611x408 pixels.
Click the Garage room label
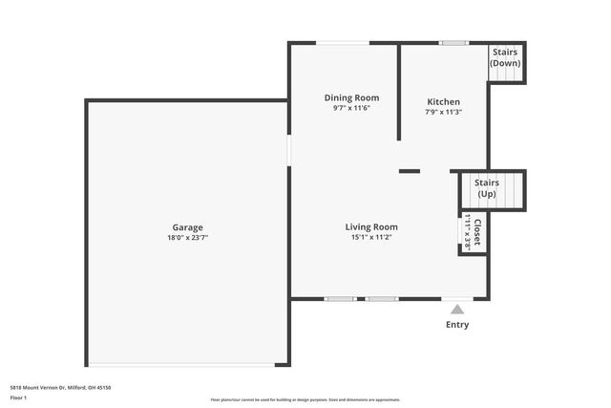(x=187, y=227)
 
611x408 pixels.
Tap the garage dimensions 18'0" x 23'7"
(x=187, y=237)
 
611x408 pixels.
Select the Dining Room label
(x=351, y=97)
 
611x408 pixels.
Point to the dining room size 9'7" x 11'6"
(x=351, y=108)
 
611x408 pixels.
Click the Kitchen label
(x=443, y=101)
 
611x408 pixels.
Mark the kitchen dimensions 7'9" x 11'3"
(x=443, y=112)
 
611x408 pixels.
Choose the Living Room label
(x=371, y=226)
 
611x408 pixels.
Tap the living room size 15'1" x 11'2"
(x=371, y=237)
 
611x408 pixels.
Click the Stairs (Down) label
(x=505, y=57)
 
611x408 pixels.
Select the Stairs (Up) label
(x=487, y=187)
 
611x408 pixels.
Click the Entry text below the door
(x=457, y=325)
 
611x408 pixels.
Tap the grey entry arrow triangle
(x=457, y=309)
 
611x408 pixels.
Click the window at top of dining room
(x=343, y=42)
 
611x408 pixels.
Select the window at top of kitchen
(x=453, y=42)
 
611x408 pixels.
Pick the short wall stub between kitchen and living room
(x=409, y=171)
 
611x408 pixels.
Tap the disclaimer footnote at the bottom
(x=305, y=399)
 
